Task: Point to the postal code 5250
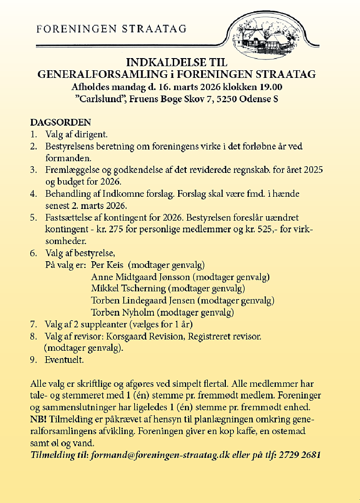228,99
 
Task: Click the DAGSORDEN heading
60,122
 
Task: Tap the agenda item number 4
33,194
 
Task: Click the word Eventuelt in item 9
64,360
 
